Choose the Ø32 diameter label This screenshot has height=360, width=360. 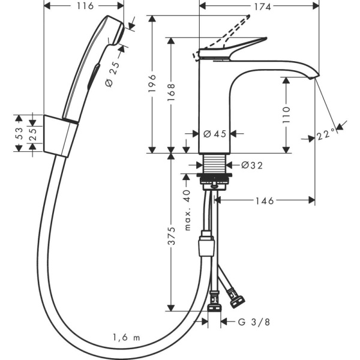251,164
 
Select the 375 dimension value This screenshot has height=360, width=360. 172,237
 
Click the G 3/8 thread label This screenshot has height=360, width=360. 250,322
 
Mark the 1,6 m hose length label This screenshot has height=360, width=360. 126,338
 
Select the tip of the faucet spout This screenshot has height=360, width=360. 316,75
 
